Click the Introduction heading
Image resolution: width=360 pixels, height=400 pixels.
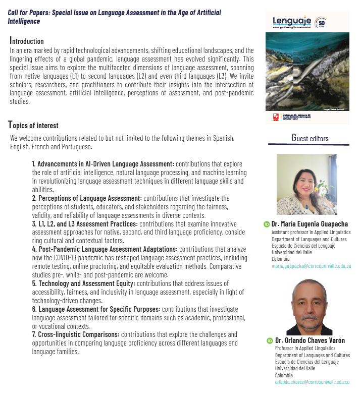click(x=27, y=41)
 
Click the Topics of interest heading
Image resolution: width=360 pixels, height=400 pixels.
click(x=33, y=125)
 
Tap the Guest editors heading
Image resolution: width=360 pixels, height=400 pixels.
click(x=310, y=139)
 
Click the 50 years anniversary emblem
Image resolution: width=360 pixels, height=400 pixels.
click(x=320, y=23)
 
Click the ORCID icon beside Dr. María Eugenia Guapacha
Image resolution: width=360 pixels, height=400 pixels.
click(x=267, y=224)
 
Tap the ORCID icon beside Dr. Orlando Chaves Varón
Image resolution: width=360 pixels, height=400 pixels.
click(x=270, y=341)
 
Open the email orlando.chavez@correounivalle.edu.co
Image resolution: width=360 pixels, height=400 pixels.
click(x=312, y=382)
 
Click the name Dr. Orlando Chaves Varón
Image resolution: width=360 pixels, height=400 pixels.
click(x=310, y=340)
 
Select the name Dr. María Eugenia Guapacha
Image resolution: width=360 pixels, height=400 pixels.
click(x=310, y=224)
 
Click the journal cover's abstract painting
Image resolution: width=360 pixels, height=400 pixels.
click(x=307, y=73)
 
